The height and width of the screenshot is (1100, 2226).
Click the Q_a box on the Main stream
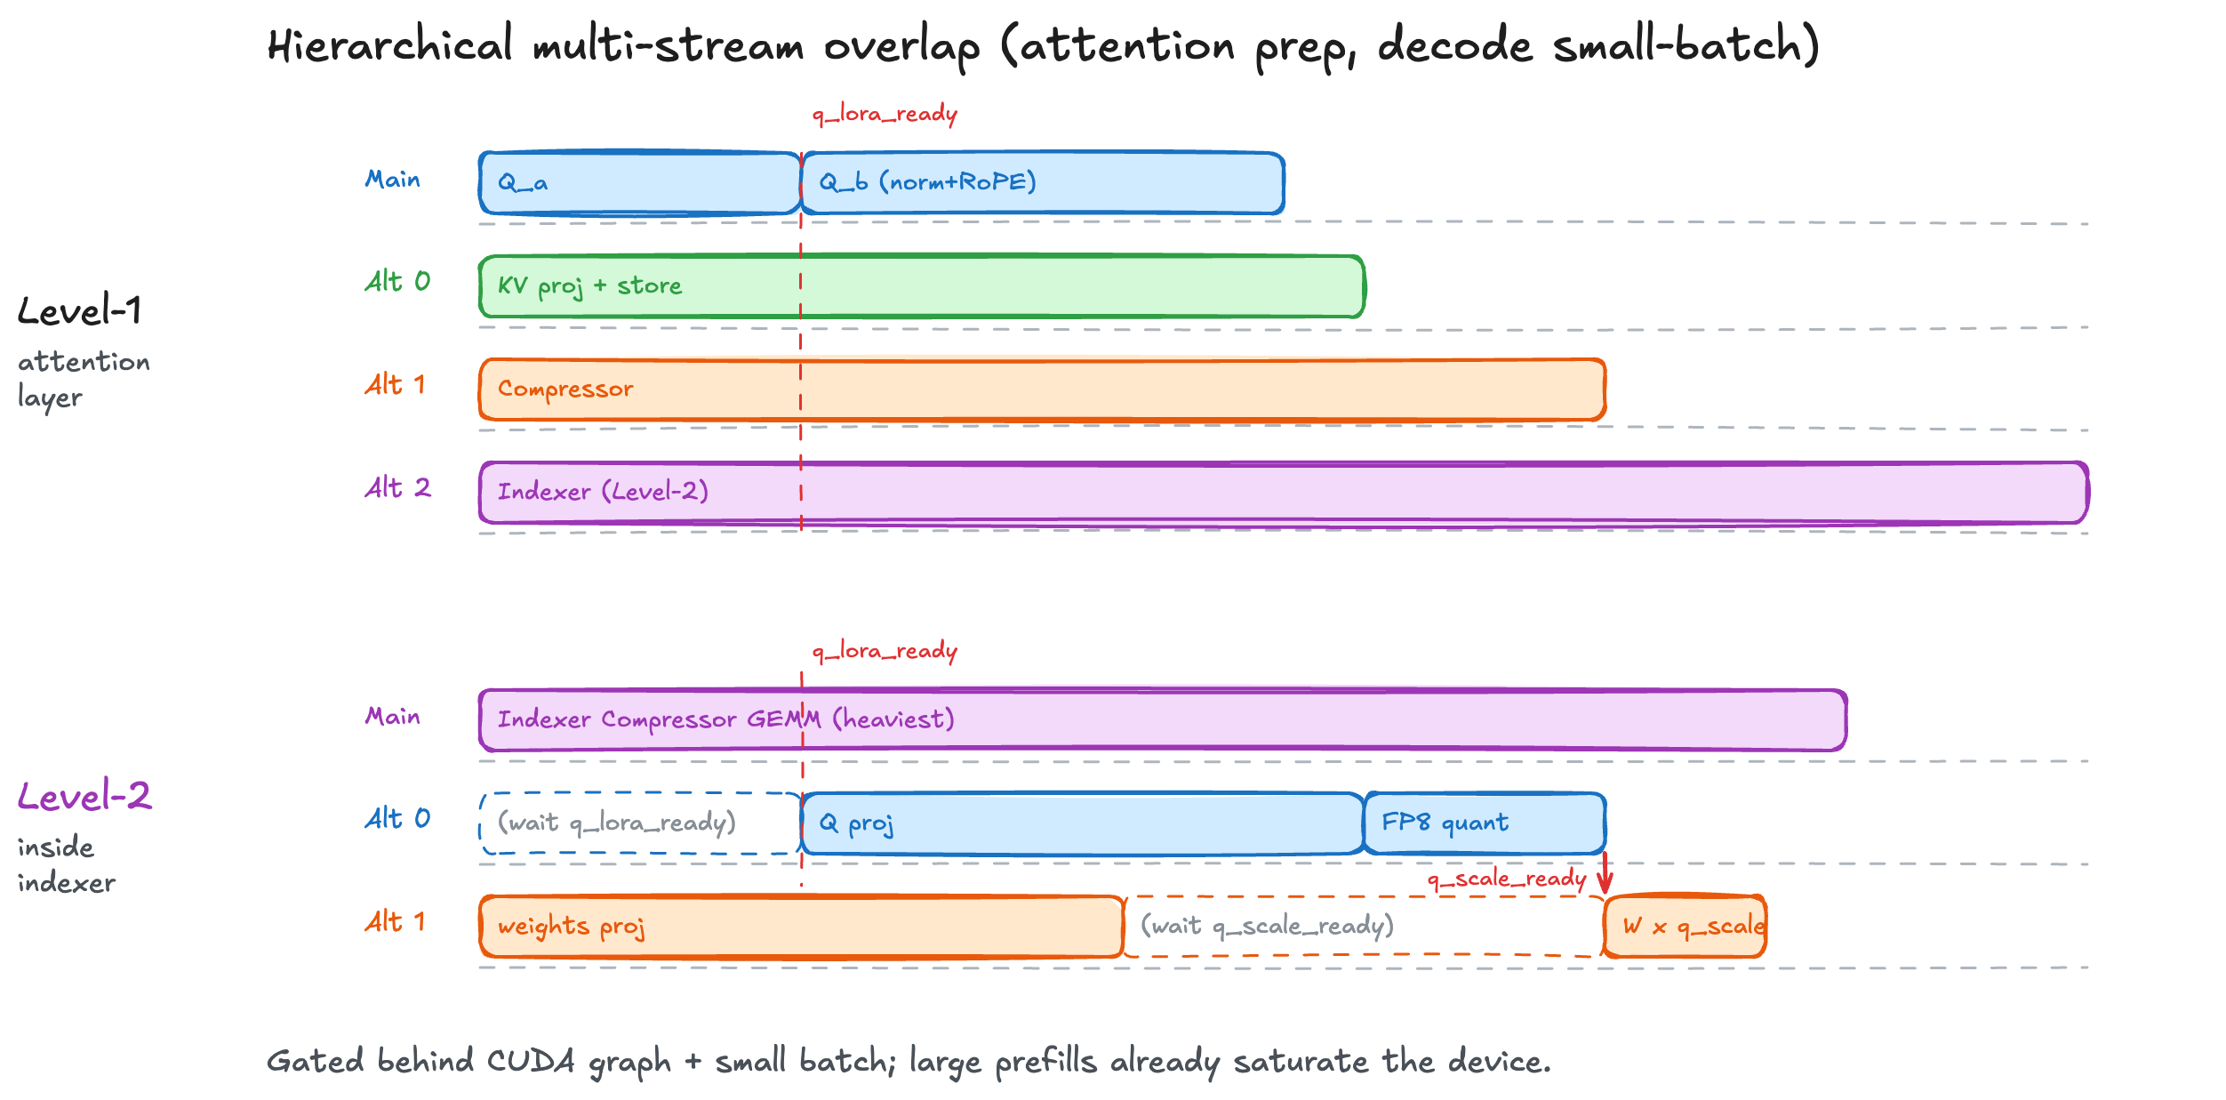tap(639, 183)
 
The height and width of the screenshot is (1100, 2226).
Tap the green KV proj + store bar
tap(921, 286)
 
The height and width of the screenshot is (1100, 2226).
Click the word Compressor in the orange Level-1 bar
tap(565, 389)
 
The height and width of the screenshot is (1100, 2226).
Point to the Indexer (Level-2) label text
tap(603, 492)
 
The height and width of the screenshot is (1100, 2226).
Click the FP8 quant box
tap(1484, 823)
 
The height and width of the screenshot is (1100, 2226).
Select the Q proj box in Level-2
tap(1082, 823)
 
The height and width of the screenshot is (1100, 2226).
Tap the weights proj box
tap(800, 927)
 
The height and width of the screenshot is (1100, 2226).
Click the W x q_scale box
tap(1685, 927)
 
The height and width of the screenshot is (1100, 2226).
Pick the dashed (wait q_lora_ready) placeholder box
tap(639, 823)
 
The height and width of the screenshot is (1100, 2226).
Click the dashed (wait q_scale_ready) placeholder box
tap(1362, 927)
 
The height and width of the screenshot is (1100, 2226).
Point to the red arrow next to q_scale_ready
tap(1605, 874)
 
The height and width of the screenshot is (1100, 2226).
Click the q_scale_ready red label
tap(1506, 879)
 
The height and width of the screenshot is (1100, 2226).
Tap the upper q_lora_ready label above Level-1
tap(885, 115)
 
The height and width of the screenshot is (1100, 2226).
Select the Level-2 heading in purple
tap(84, 797)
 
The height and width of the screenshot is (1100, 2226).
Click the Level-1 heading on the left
tap(79, 311)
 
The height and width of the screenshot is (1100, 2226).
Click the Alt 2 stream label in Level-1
tap(397, 488)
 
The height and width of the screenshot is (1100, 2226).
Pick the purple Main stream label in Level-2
tap(392, 717)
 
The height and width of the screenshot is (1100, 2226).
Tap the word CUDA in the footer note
tap(531, 1061)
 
